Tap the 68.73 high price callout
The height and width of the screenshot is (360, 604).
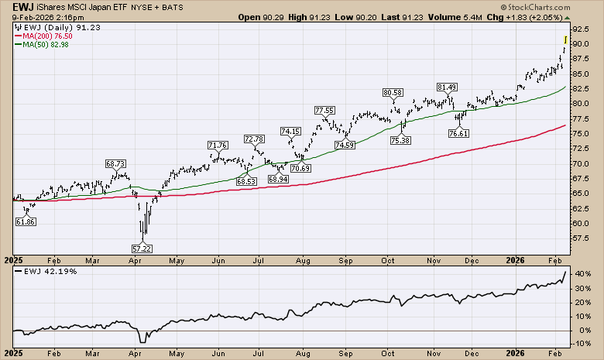(115, 164)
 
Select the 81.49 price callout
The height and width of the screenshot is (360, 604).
(447, 87)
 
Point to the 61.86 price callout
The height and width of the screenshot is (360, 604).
(26, 221)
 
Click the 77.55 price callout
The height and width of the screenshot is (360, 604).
(324, 111)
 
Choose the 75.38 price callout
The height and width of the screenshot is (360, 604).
(401, 140)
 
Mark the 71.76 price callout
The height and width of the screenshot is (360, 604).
(218, 145)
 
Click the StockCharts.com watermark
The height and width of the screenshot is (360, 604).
(562, 15)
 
